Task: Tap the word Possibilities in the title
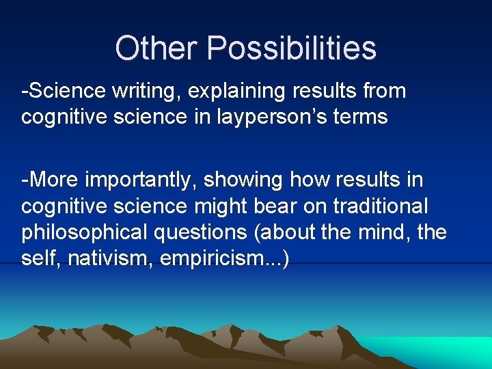coord(292,49)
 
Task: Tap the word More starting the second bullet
coord(54,180)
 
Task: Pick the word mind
coord(385,233)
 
